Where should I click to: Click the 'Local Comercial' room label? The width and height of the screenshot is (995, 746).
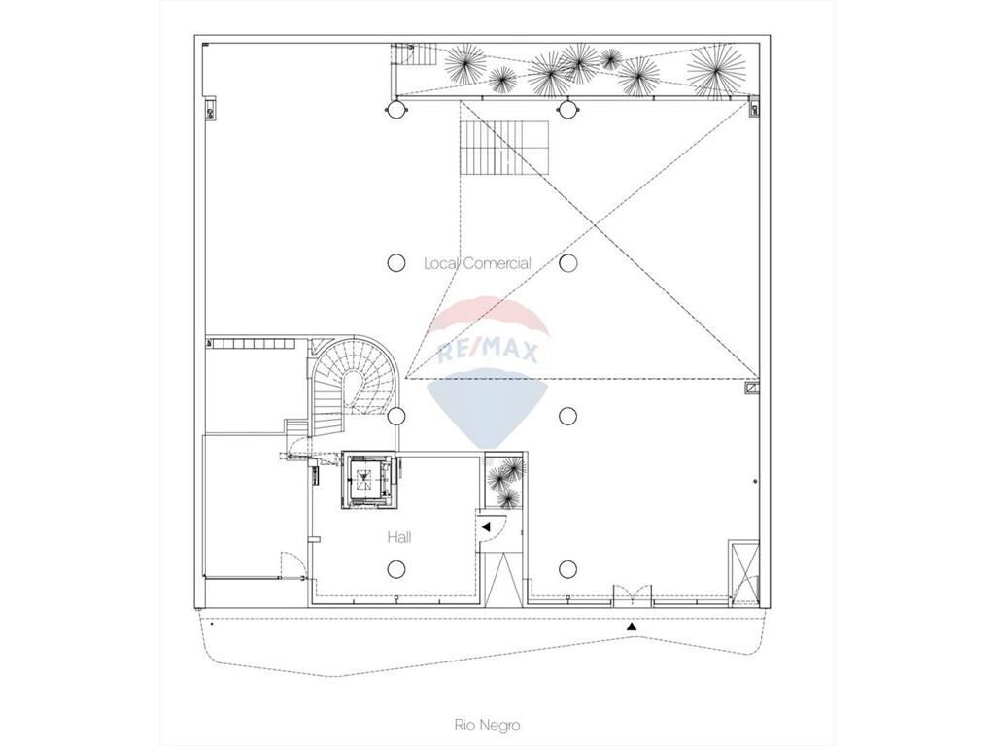click(477, 263)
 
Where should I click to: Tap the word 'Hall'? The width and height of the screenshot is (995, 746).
click(399, 538)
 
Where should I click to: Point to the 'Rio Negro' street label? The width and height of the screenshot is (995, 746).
click(487, 725)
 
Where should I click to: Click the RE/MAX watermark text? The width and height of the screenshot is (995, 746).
click(488, 350)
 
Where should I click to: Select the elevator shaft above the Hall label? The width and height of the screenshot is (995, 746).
click(368, 480)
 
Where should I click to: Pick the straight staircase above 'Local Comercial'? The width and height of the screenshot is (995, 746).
click(503, 148)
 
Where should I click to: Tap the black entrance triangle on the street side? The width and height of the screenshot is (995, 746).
click(632, 627)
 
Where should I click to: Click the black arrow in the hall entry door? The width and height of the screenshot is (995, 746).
click(486, 526)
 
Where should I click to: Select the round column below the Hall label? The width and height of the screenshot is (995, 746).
click(396, 569)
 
